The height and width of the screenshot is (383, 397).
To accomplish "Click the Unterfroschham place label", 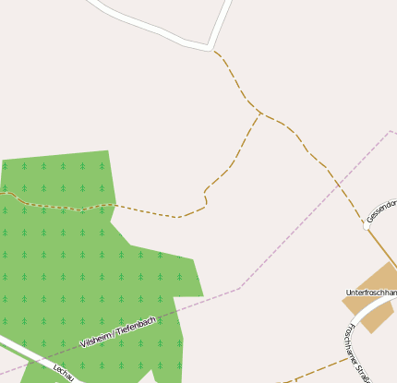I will click(371, 293).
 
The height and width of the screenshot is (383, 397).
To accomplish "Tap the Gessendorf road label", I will click(381, 210).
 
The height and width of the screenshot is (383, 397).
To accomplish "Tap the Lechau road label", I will click(63, 371).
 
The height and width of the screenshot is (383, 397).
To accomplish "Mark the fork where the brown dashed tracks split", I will click(259, 114).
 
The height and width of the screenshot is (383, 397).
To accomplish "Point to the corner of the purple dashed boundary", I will click(239, 288).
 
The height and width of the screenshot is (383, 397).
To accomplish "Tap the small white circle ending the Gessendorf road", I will click(366, 224).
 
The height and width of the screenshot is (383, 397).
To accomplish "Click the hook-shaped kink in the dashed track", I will click(204, 196).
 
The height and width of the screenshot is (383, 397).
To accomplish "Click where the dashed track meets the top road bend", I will click(213, 49).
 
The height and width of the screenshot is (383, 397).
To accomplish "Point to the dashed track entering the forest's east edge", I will click(112, 204).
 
